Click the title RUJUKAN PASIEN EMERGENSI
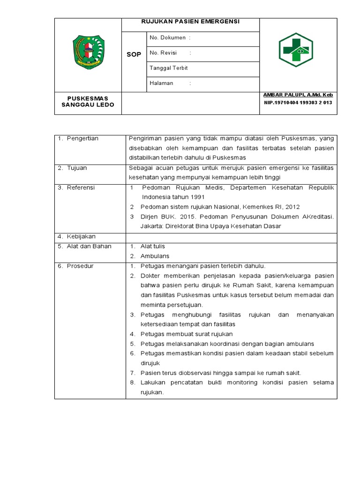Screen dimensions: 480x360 (x=190, y=22)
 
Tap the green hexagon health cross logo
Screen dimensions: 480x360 (x=296, y=50)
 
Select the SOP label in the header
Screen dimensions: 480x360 (x=134, y=55)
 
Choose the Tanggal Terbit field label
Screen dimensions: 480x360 (x=168, y=68)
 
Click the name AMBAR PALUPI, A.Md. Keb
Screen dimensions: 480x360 (x=298, y=95)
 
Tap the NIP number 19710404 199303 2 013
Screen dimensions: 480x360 (x=298, y=102)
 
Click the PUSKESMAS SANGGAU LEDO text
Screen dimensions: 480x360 (x=88, y=101)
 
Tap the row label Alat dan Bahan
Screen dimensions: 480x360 (x=85, y=246)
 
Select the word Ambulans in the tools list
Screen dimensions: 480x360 (x=155, y=256)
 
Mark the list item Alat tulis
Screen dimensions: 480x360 (x=152, y=246)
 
